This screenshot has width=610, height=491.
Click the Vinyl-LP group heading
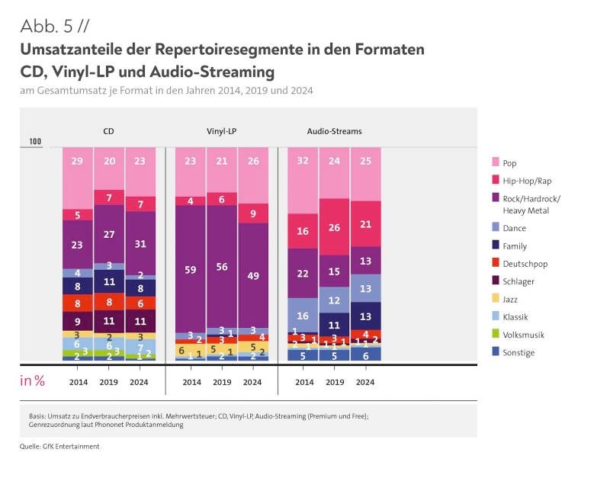point(221,131)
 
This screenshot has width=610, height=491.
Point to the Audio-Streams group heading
point(334,131)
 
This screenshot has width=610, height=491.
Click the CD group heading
point(109,131)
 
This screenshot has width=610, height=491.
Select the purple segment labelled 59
point(191,269)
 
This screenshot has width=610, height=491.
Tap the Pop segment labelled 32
point(303,181)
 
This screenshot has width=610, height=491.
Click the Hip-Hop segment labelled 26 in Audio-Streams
point(334,227)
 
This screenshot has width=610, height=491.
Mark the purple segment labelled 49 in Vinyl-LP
point(252,276)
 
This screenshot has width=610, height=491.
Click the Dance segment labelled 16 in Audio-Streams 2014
point(303,315)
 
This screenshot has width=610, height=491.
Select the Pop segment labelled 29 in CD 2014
point(78,177)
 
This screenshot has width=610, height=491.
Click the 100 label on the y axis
point(35,142)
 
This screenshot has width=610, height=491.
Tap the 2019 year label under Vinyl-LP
point(221,381)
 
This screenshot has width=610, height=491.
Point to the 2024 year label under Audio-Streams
point(365,381)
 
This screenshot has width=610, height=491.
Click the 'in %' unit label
point(32,380)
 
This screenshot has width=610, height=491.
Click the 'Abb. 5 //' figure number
point(56,26)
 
